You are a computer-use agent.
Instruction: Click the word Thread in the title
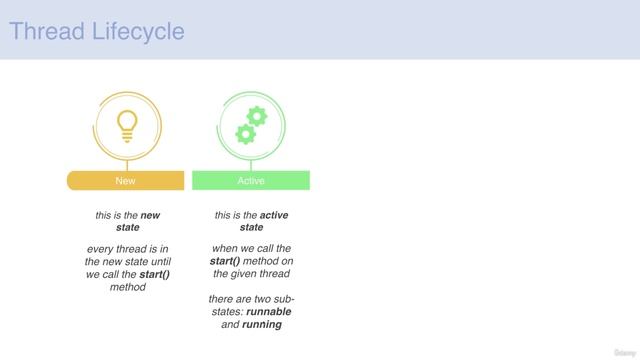41,31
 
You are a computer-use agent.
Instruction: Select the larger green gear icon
257,115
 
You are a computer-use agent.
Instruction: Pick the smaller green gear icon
244,133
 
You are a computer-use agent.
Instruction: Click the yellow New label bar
126,181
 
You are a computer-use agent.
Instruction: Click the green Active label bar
251,181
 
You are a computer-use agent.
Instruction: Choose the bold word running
262,324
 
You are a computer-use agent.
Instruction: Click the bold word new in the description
150,215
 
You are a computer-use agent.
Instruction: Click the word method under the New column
127,287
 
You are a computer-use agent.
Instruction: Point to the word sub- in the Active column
283,298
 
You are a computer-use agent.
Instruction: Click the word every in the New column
103,248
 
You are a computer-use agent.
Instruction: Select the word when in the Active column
225,248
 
